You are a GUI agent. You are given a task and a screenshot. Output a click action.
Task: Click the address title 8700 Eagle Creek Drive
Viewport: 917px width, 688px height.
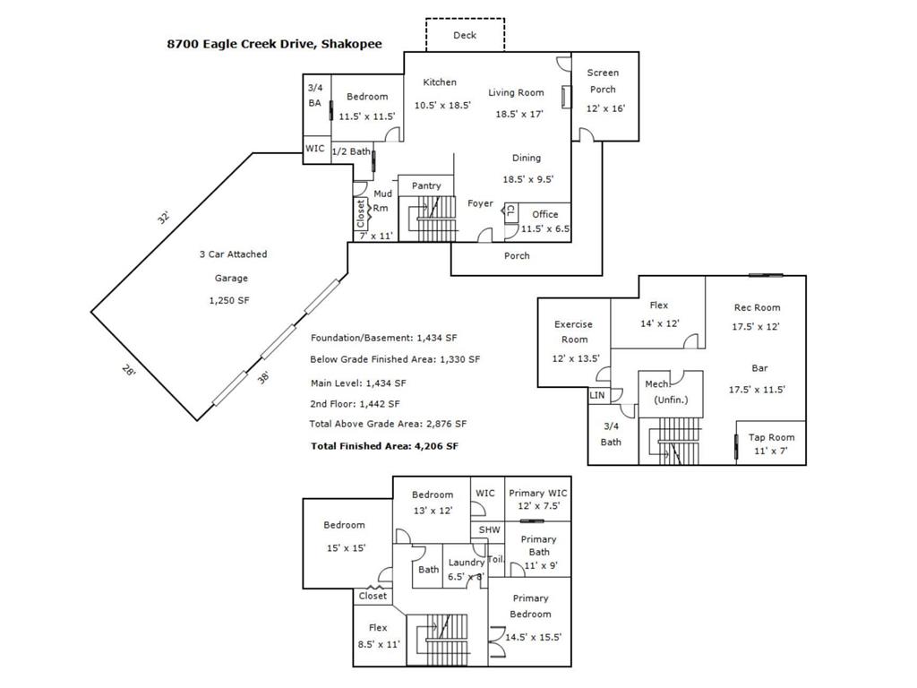[241, 45]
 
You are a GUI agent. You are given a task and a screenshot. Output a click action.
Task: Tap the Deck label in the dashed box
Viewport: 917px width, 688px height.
[465, 35]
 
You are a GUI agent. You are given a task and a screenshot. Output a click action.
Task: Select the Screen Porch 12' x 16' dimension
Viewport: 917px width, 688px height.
[606, 108]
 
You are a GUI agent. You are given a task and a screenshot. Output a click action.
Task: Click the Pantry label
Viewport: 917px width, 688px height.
[426, 185]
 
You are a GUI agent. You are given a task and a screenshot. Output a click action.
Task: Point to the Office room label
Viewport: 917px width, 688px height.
[545, 214]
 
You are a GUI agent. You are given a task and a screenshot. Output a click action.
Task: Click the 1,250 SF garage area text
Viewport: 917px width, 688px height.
[229, 300]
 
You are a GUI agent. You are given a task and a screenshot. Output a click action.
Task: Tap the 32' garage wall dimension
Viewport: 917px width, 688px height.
[163, 217]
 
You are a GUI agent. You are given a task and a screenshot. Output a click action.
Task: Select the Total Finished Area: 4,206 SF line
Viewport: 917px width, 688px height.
[384, 446]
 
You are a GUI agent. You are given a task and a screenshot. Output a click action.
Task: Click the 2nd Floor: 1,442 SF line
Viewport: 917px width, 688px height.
[355, 404]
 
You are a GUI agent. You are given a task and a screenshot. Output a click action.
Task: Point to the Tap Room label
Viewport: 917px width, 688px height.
[771, 437]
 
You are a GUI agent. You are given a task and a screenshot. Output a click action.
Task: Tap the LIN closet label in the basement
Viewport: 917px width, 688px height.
[597, 395]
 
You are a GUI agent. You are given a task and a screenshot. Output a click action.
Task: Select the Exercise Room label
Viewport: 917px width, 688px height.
[574, 331]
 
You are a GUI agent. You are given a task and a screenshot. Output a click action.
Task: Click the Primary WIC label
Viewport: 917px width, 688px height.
[538, 494]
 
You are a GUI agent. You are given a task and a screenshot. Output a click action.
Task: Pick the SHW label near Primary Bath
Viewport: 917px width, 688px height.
[490, 529]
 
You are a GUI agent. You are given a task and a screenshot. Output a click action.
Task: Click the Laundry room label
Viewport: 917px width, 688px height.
[466, 563]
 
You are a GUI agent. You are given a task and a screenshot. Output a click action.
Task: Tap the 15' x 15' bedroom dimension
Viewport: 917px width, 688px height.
[347, 547]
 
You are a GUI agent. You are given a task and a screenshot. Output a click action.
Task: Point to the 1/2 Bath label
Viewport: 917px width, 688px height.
[351, 150]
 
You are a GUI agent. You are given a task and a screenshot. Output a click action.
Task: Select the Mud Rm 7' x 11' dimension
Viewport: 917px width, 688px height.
[376, 236]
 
